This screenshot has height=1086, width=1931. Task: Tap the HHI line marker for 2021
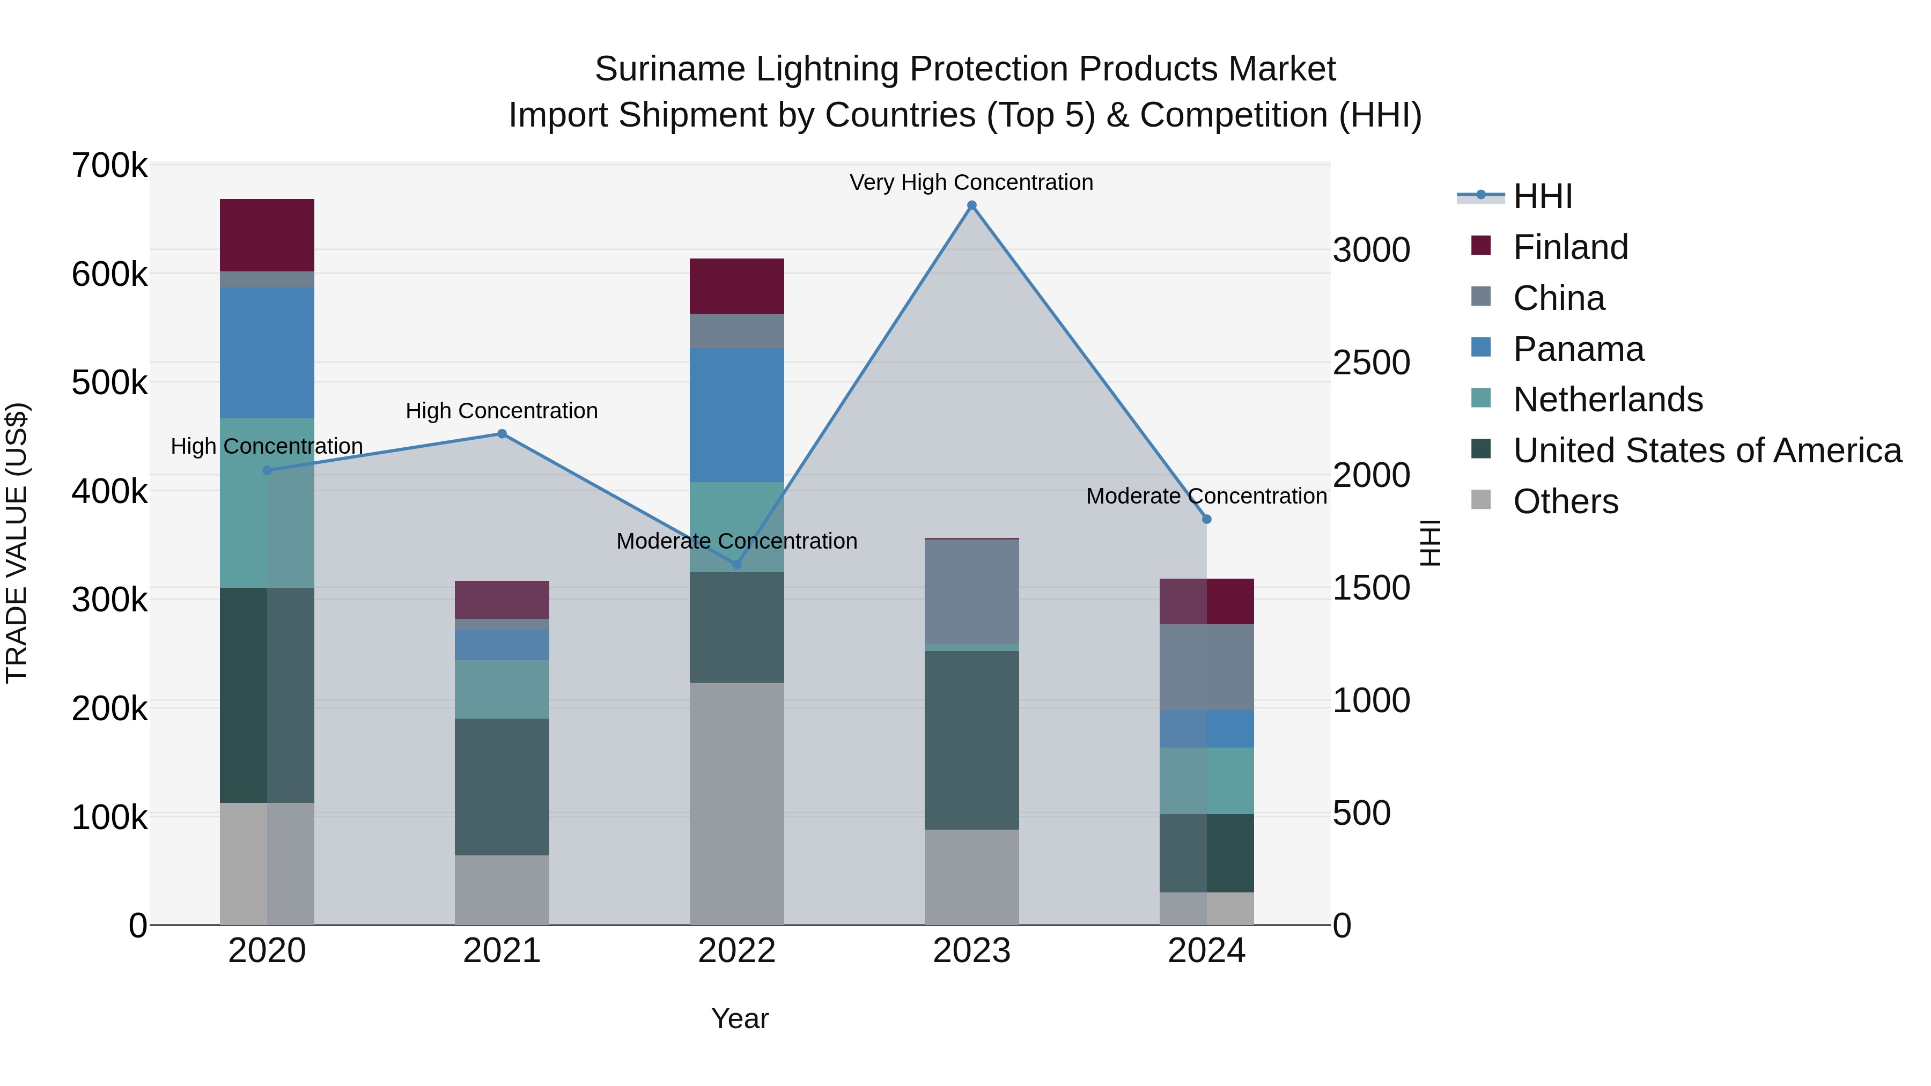click(x=502, y=434)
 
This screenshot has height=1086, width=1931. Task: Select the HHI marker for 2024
click(x=1207, y=519)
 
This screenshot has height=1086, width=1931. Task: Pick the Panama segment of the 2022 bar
click(x=737, y=415)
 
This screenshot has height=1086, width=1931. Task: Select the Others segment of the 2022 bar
click(x=737, y=803)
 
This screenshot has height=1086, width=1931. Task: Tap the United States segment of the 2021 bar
click(x=502, y=787)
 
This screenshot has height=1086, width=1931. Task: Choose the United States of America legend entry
click(x=1706, y=450)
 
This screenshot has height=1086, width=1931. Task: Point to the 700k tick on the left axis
click(x=109, y=166)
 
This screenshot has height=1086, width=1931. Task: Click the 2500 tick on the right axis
click(x=1371, y=363)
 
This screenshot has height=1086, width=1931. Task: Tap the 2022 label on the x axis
click(x=737, y=951)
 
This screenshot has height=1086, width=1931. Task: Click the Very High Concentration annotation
click(x=971, y=182)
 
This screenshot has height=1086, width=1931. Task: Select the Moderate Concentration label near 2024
click(x=1206, y=496)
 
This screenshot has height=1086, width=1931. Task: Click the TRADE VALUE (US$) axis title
click(x=17, y=543)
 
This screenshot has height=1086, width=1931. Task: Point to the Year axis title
click(x=740, y=1018)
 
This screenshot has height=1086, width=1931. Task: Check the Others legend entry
click(x=1565, y=501)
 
